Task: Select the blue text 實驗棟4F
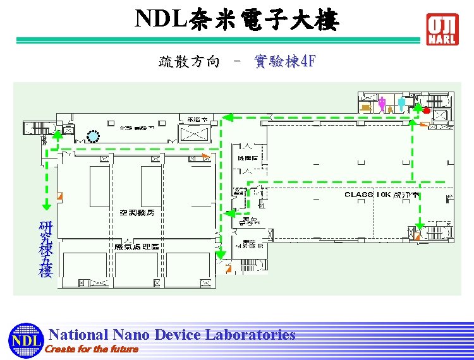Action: (284, 62)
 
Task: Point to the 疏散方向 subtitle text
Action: (190, 62)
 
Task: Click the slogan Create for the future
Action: (92, 349)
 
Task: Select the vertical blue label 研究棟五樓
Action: (45, 249)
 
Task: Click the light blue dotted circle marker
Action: (94, 136)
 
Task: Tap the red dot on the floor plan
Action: (427, 111)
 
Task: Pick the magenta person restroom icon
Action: (382, 102)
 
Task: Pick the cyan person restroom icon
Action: (401, 102)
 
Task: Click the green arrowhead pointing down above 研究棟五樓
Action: (46, 205)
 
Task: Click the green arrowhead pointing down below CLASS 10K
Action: (420, 225)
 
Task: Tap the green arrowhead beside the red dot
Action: (417, 108)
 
